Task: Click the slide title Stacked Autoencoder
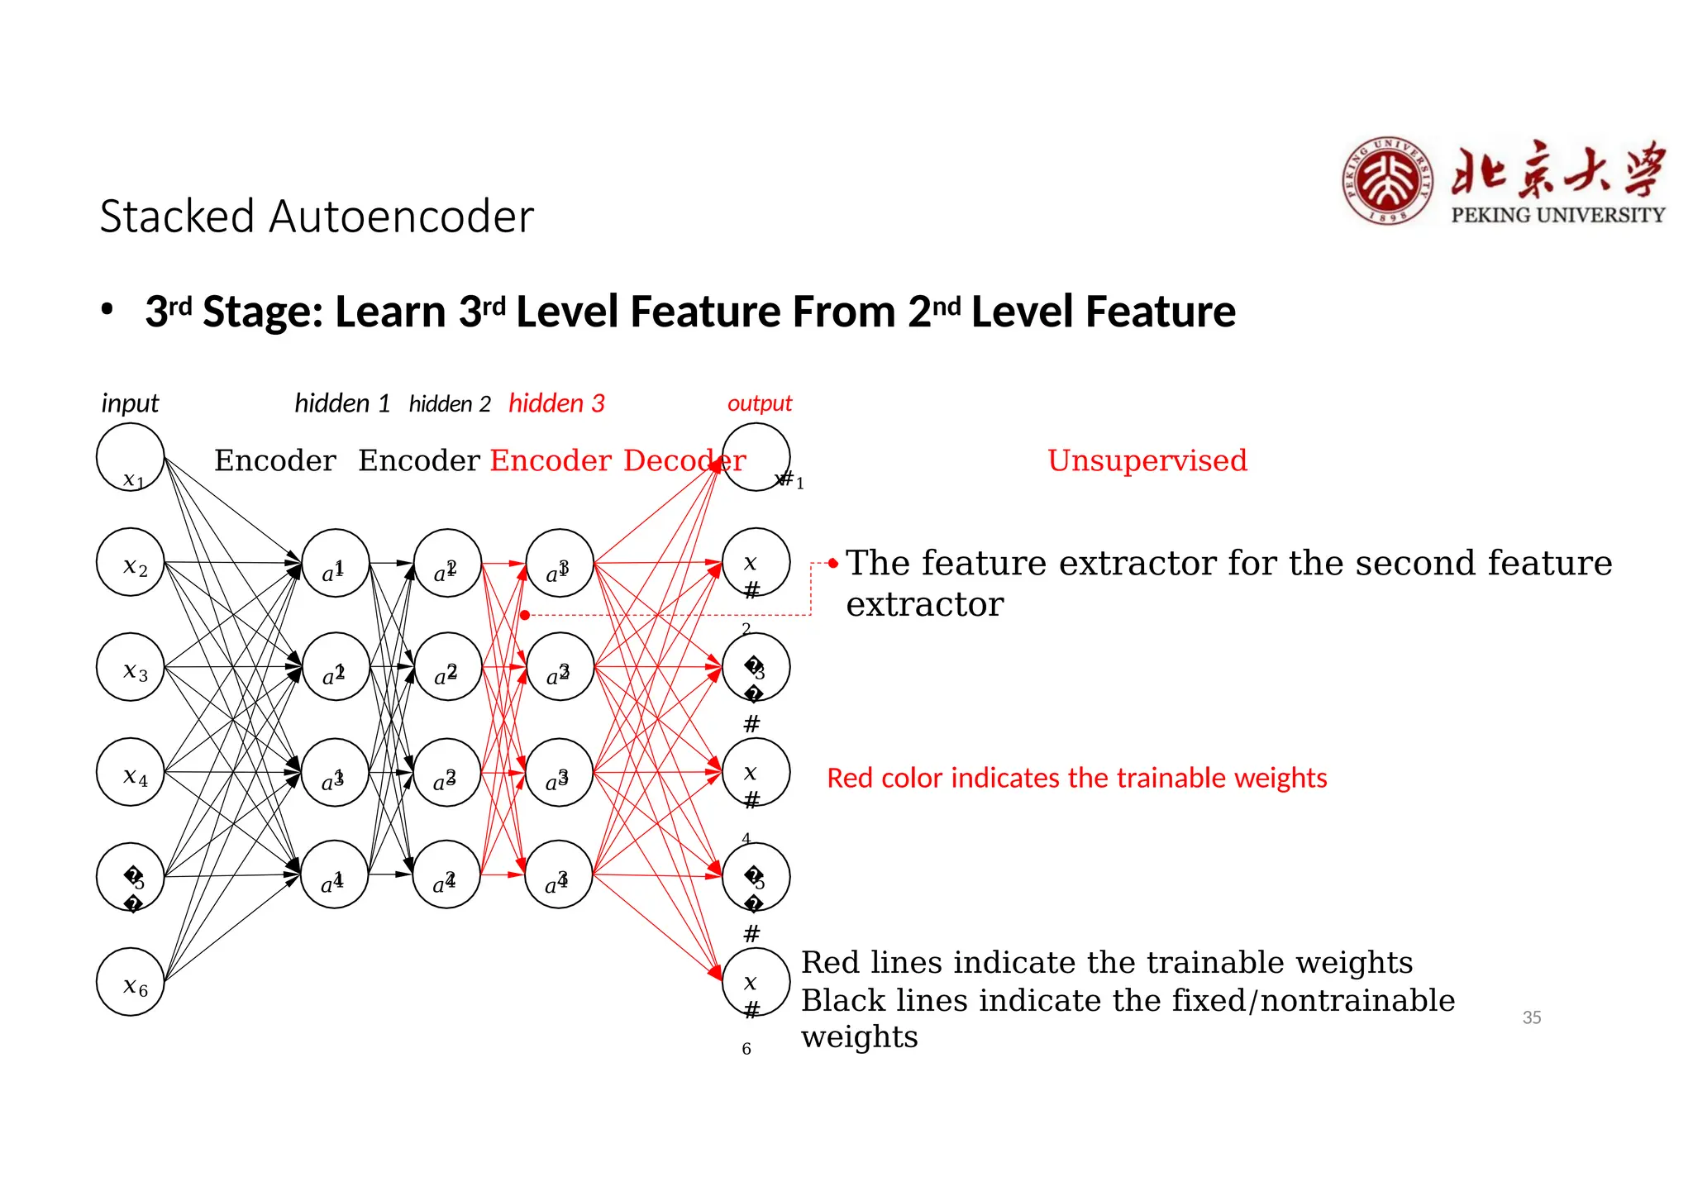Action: [x=317, y=217]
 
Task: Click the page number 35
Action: [x=1531, y=1017]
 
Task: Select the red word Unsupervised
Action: [x=1147, y=460]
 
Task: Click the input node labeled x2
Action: [x=131, y=563]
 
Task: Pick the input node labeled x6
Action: [x=131, y=982]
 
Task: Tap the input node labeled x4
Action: [x=131, y=772]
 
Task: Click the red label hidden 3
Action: [x=556, y=403]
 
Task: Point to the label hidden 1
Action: [x=342, y=403]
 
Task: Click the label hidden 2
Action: [x=450, y=404]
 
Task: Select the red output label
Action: [x=759, y=403]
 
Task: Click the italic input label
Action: [x=130, y=403]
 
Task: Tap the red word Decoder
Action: [x=684, y=460]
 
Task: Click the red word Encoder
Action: [x=551, y=460]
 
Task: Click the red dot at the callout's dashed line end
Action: [x=525, y=615]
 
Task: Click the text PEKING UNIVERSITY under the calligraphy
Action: [x=1557, y=215]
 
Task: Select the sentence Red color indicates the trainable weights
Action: [x=1076, y=778]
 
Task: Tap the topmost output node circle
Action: [x=756, y=457]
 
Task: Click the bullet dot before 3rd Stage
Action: [x=107, y=311]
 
